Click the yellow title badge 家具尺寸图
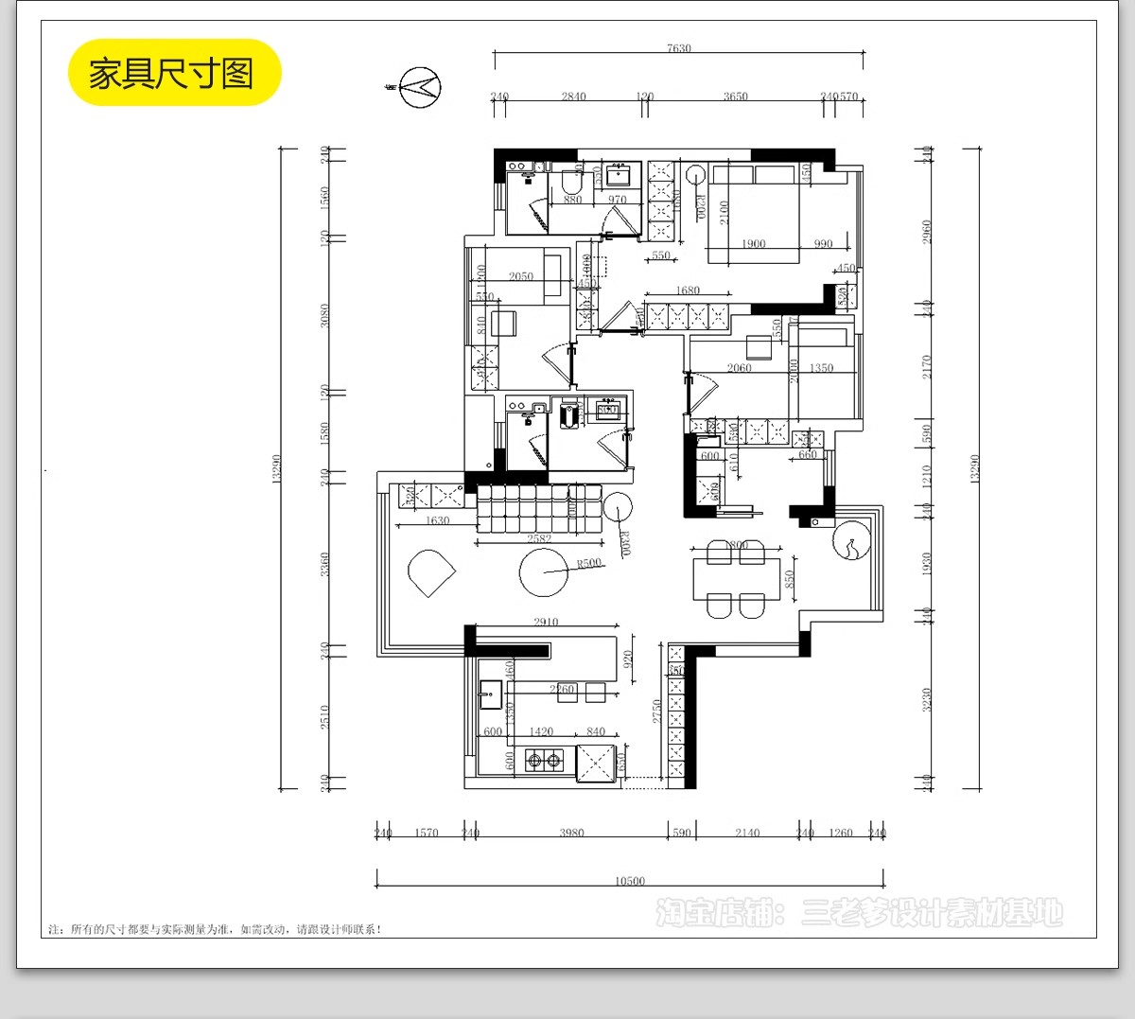tap(174, 73)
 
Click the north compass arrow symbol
tap(419, 87)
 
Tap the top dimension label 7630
tap(678, 48)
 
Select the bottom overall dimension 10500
tap(630, 881)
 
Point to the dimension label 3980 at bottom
tap(571, 833)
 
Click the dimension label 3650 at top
tap(735, 97)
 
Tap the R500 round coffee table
tap(544, 572)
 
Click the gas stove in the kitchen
tap(544, 759)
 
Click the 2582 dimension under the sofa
tap(539, 539)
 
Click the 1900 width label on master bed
tap(754, 244)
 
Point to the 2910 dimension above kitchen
tap(546, 622)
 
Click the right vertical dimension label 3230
tap(926, 699)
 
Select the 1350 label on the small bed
tap(821, 368)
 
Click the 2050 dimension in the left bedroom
tap(521, 276)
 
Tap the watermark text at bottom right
tap(859, 913)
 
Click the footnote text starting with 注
tap(215, 929)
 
